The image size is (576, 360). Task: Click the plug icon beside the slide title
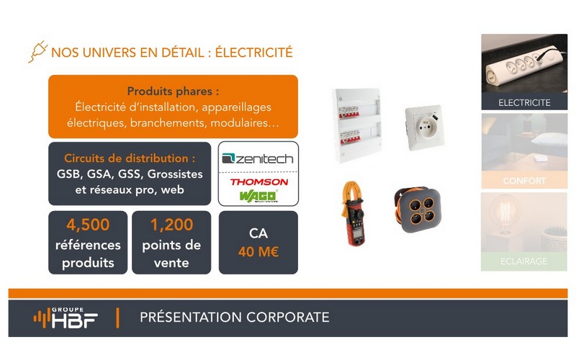pos(38,51)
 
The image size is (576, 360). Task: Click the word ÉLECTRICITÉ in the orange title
pos(254,53)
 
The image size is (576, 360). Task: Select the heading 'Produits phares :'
pos(173,91)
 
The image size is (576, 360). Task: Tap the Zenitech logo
pos(258,158)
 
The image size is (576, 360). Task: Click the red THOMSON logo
pos(259,182)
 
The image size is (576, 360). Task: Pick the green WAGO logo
pos(258,196)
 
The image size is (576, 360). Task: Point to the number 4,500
pos(88,225)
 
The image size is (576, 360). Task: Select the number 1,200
pos(171,225)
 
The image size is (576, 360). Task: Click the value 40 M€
pos(258,252)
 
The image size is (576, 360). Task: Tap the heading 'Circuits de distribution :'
pos(130,158)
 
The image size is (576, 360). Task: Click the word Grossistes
pos(175,174)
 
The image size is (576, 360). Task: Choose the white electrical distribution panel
pos(357,125)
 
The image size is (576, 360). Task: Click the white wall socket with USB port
pos(424,127)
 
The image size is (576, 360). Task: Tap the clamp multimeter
pos(353,213)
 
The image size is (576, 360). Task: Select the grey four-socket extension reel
pos(417,210)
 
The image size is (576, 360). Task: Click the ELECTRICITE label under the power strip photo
pos(524,103)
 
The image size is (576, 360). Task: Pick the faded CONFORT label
pos(524,181)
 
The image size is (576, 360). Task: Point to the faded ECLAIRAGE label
pos(524,261)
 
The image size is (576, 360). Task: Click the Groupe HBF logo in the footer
pos(66,318)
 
